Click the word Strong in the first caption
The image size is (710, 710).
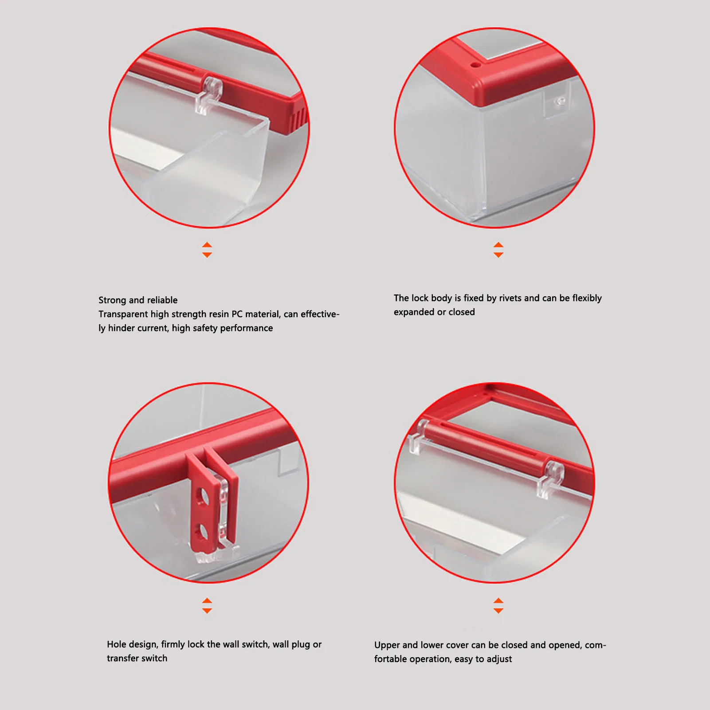point(112,300)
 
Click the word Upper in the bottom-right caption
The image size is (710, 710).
point(387,645)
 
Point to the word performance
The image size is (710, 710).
point(247,328)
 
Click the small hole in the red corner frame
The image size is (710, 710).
point(475,65)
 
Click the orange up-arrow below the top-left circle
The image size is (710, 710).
point(207,245)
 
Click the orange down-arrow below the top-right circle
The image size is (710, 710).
point(498,255)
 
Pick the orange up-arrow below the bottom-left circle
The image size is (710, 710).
point(207,600)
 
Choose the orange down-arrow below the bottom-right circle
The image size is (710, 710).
point(498,611)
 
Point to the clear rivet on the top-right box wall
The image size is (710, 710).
point(560,101)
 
